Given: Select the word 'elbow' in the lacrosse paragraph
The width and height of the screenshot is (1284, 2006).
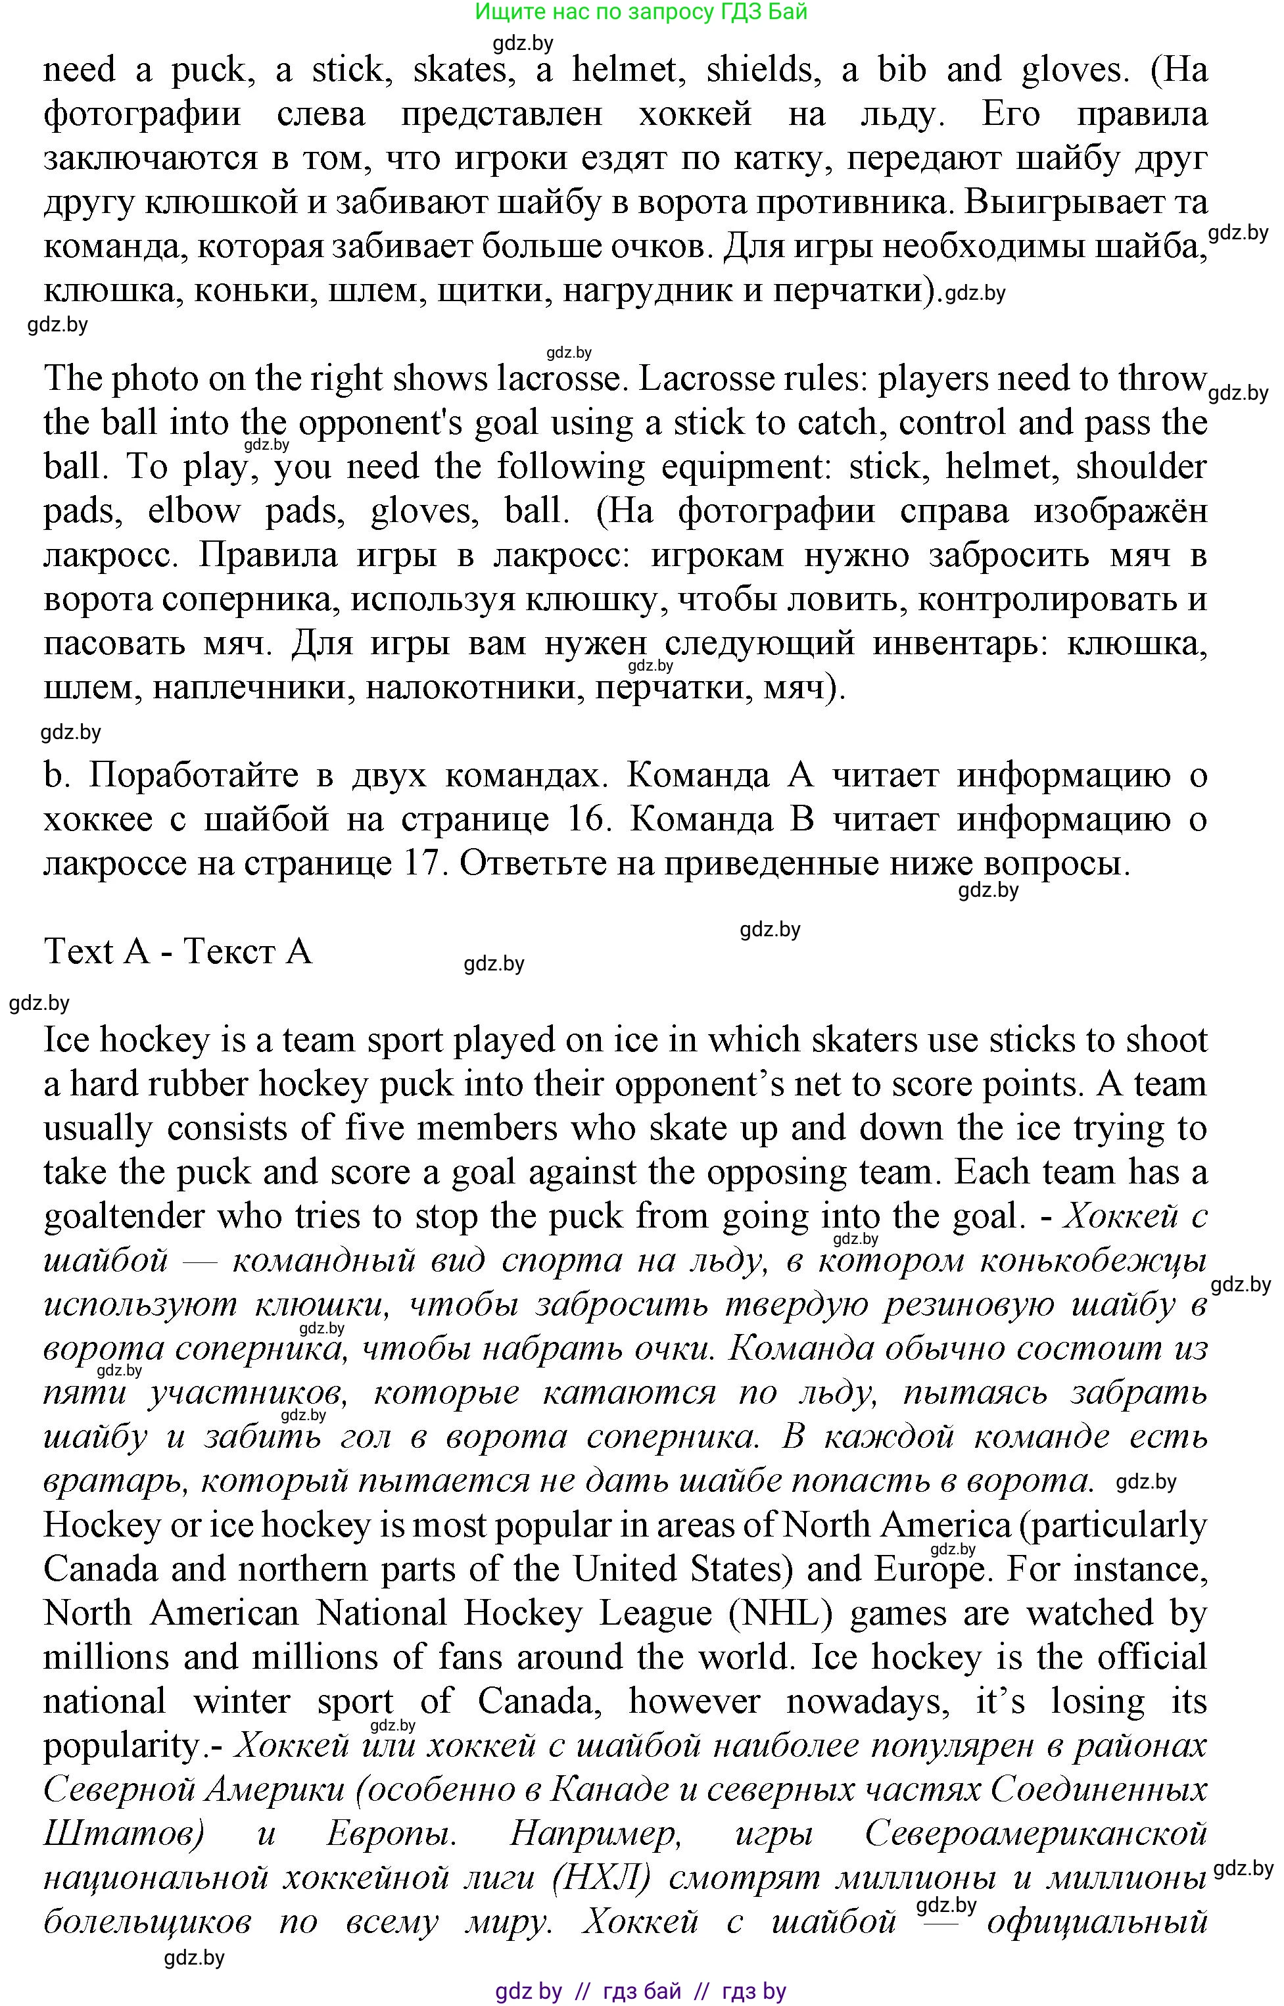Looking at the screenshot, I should (x=193, y=511).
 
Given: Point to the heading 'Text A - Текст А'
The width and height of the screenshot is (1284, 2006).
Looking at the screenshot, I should (x=178, y=952).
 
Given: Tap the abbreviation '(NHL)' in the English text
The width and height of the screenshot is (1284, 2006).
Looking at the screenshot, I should (x=780, y=1614).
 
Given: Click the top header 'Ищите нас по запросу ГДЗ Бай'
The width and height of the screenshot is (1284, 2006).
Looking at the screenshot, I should (x=640, y=12).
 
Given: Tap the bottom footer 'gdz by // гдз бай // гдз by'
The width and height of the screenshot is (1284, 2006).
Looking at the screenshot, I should (x=640, y=1991).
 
